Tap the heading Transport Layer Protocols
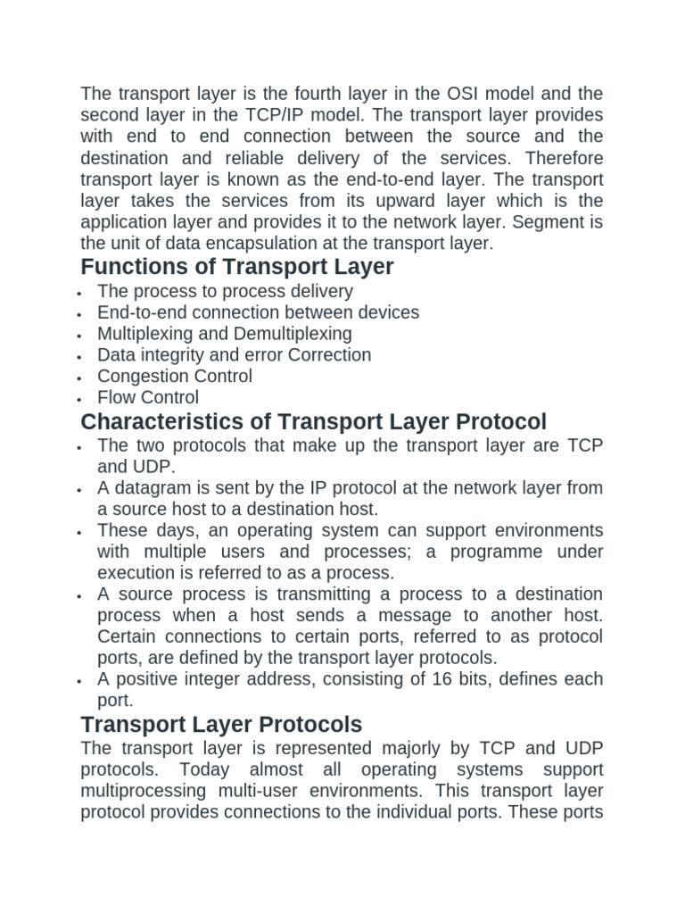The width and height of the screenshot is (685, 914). coord(221,724)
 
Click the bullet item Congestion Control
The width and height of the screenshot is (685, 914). coord(175,377)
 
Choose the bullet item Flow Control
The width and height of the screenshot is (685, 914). coord(148,398)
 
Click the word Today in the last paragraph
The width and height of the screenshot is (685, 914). coord(206,769)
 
